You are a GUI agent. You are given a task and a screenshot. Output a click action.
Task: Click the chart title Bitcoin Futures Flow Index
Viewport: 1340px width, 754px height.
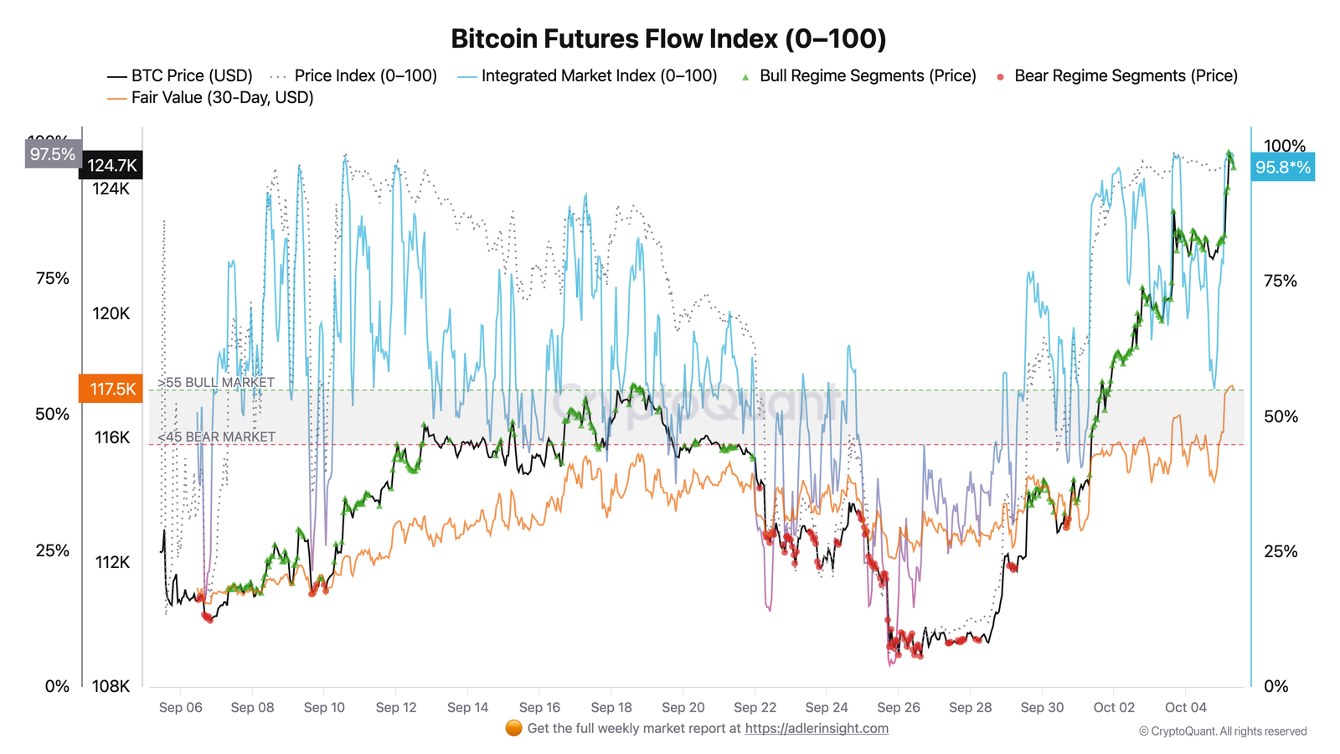coord(668,39)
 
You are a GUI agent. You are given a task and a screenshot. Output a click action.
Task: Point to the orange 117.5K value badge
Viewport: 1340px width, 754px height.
coord(112,389)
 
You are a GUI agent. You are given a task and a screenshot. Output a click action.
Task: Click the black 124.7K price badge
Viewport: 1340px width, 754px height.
coord(112,165)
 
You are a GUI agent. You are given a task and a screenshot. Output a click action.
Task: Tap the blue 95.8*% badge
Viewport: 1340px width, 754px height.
coord(1282,167)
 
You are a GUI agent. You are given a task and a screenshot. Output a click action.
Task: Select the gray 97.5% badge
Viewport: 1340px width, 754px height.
coord(53,154)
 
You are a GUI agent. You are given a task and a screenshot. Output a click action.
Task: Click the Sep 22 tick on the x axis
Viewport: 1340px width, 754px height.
coord(755,707)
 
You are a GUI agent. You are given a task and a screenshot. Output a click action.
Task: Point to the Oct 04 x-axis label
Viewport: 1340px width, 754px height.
coord(1185,707)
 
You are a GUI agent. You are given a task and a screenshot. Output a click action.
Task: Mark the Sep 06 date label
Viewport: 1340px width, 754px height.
coord(181,707)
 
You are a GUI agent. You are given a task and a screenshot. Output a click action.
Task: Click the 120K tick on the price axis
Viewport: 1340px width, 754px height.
coord(111,313)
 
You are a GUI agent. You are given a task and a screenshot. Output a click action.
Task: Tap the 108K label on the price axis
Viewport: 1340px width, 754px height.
coord(111,686)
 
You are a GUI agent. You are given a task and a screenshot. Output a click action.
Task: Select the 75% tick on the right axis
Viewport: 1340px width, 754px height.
coord(1280,281)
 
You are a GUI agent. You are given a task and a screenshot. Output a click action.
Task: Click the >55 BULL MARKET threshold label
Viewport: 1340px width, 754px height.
coord(216,382)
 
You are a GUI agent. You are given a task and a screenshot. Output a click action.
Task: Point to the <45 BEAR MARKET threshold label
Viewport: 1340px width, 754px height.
coord(216,436)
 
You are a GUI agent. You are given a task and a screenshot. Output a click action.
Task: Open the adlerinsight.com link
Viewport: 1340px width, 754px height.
coord(817,728)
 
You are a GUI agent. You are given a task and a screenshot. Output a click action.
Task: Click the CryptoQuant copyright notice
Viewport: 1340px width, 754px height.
coord(1222,731)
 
